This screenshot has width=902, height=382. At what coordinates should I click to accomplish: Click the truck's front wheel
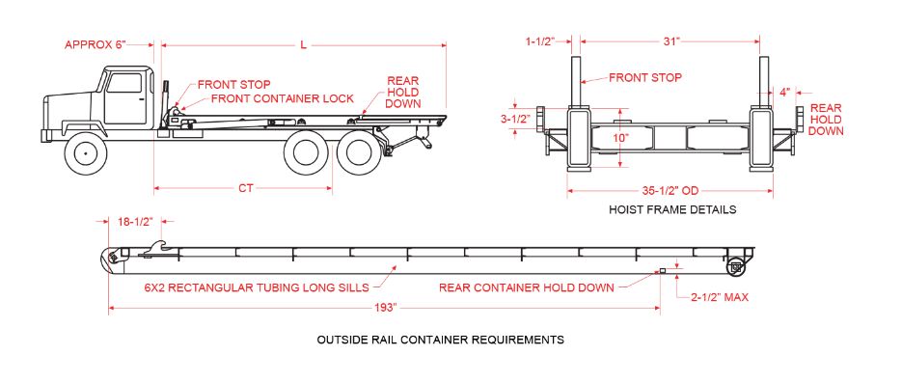pyautogui.click(x=86, y=153)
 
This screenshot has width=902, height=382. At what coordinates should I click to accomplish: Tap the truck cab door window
pyautogui.click(x=123, y=83)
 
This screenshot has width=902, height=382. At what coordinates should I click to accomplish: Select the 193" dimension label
pyautogui.click(x=384, y=308)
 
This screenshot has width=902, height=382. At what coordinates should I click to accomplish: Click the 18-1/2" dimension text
pyautogui.click(x=135, y=221)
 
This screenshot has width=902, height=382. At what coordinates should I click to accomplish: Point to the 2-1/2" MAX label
pyautogui.click(x=720, y=297)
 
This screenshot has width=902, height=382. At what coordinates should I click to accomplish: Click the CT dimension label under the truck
pyautogui.click(x=246, y=187)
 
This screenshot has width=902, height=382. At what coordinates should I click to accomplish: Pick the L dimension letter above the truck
pyautogui.click(x=303, y=45)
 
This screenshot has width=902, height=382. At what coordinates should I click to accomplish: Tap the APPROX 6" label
pyautogui.click(x=95, y=45)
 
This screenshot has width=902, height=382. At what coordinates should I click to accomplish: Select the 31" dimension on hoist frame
pyautogui.click(x=670, y=41)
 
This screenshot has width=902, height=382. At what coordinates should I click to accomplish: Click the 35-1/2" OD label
pyautogui.click(x=670, y=191)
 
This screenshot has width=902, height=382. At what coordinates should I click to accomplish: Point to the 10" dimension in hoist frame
pyautogui.click(x=620, y=138)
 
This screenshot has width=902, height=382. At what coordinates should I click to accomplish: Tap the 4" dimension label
pyautogui.click(x=784, y=92)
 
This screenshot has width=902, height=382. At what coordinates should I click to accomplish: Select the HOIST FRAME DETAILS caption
pyautogui.click(x=672, y=209)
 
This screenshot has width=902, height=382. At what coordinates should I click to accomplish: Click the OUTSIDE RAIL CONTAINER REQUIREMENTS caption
pyautogui.click(x=441, y=340)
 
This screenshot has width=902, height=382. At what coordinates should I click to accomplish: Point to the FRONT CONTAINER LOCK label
pyautogui.click(x=283, y=98)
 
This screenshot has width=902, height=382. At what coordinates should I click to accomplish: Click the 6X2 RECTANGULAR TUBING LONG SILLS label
pyautogui.click(x=258, y=287)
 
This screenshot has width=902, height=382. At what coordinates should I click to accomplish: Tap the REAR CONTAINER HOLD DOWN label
pyautogui.click(x=527, y=287)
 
